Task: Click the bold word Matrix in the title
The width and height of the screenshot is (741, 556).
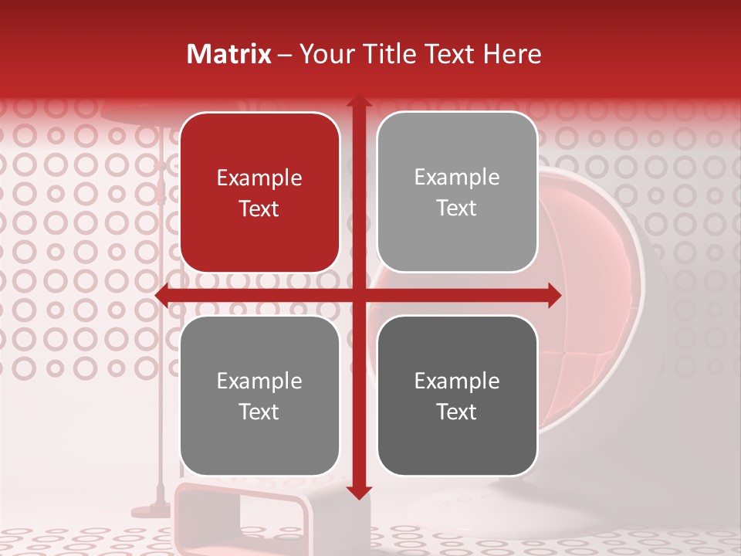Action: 229,54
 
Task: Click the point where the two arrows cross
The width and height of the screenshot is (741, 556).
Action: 358,295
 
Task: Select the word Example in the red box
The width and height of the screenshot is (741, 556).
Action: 259,178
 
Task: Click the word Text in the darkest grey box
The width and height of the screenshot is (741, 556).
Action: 457,412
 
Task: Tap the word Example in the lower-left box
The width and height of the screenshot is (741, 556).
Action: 259,381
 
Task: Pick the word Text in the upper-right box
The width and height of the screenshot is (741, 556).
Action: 457,208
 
